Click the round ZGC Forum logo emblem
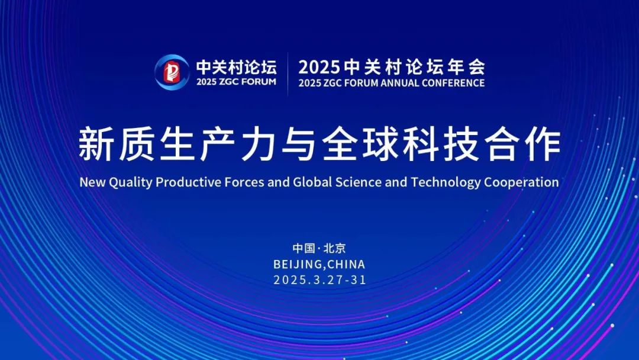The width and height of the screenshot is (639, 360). coord(172,72)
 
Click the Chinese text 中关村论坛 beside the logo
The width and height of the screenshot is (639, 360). coord(236,67)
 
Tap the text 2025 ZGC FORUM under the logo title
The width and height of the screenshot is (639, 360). coord(236,82)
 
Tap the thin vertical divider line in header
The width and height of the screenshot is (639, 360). coord(288,74)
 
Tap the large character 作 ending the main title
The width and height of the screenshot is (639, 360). coord(543,144)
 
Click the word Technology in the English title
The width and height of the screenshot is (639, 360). coord(446,182)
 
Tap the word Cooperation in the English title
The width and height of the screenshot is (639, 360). coord(522,182)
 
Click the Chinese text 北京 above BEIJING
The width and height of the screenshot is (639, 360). coord(334,248)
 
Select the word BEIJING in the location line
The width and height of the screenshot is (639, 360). coord(298,264)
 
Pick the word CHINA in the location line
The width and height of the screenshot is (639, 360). coord(346,264)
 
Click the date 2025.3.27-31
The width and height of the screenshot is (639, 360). coord(320,279)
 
